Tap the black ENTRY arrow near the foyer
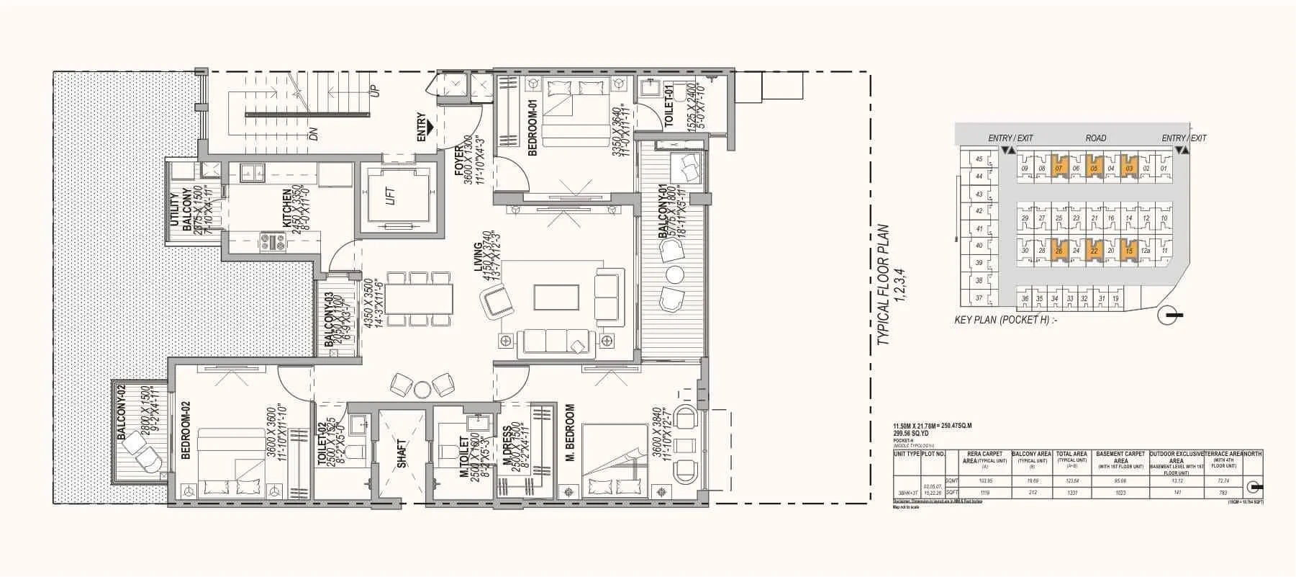(430, 129)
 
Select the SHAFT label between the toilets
(402, 455)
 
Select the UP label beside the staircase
(373, 92)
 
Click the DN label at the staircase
(313, 133)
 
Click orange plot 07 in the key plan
(1059, 169)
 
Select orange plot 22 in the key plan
(1094, 251)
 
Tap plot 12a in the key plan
(1146, 251)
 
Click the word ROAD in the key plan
(1096, 138)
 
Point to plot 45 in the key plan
(979, 159)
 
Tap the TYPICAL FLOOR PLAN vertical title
(889, 285)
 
